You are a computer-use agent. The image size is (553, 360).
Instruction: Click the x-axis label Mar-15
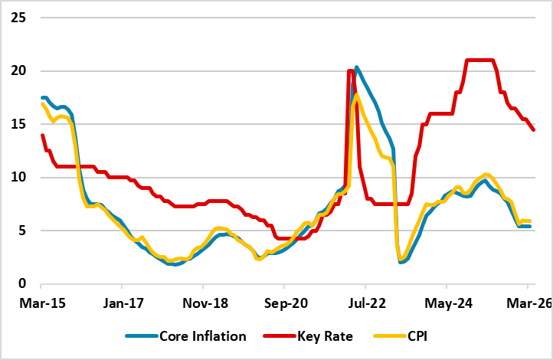[x=42, y=303]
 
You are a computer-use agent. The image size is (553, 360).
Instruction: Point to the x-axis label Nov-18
[x=205, y=303]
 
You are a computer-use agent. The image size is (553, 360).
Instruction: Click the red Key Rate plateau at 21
[x=479, y=60]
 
